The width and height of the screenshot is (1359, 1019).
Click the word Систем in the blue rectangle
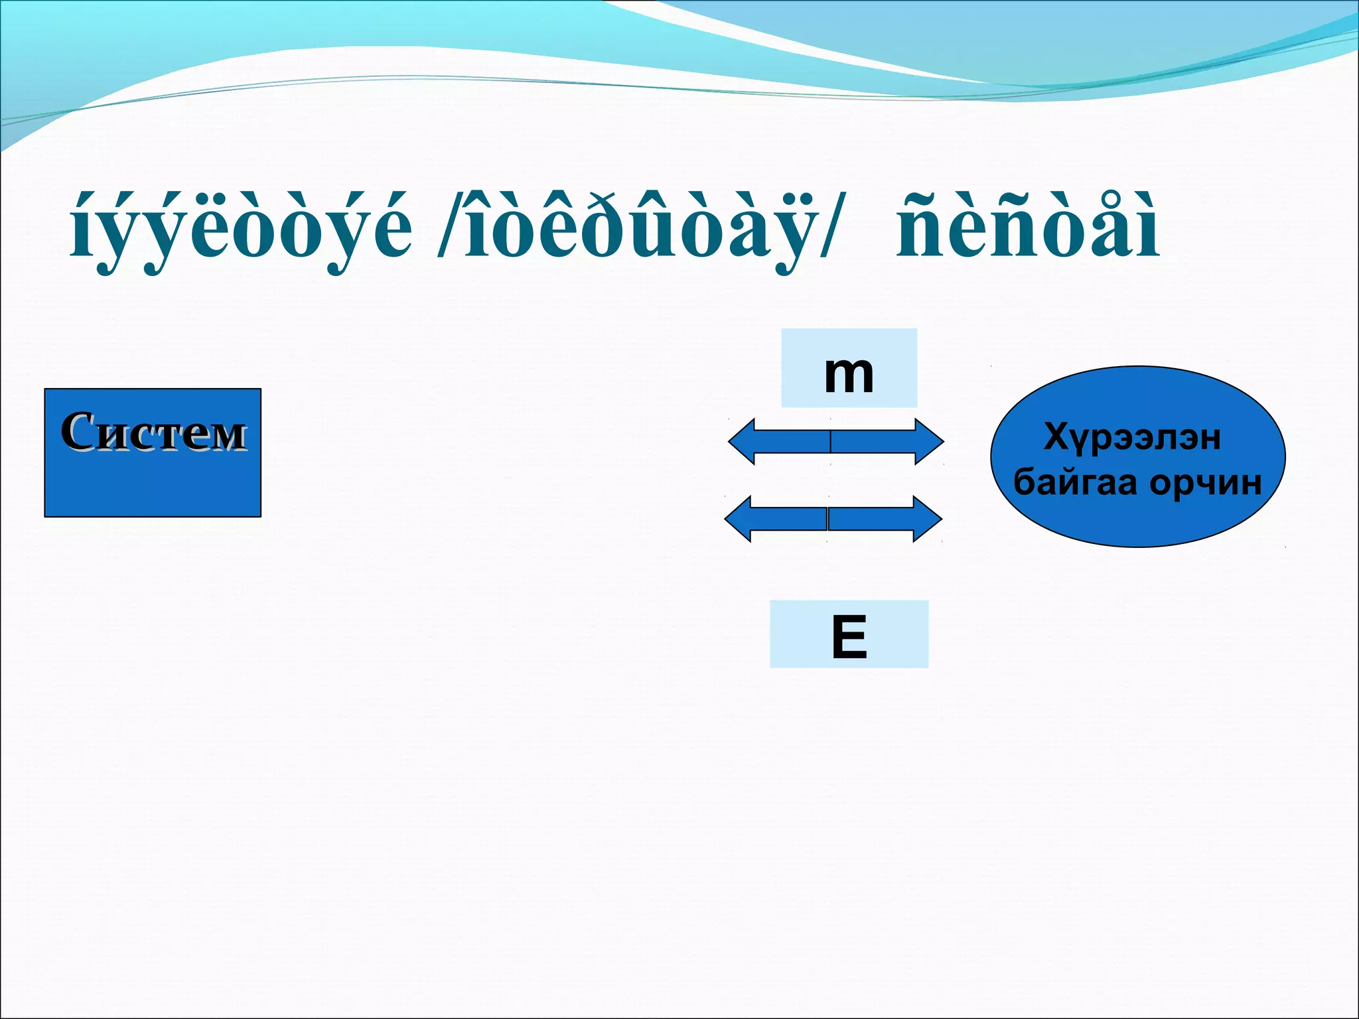click(153, 432)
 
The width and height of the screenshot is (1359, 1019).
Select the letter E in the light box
click(849, 637)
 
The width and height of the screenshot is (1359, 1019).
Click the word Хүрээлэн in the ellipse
click(1132, 437)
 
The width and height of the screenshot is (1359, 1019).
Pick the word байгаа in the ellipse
click(1076, 482)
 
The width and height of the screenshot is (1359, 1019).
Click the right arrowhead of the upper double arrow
click(930, 441)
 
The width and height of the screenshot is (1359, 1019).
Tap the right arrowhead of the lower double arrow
click(928, 519)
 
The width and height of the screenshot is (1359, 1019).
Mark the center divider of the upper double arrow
click(830, 441)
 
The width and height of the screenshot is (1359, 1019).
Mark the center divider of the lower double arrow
click(827, 519)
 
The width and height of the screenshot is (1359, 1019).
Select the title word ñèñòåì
click(1027, 230)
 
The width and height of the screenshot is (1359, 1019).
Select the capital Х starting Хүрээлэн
click(1056, 437)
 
